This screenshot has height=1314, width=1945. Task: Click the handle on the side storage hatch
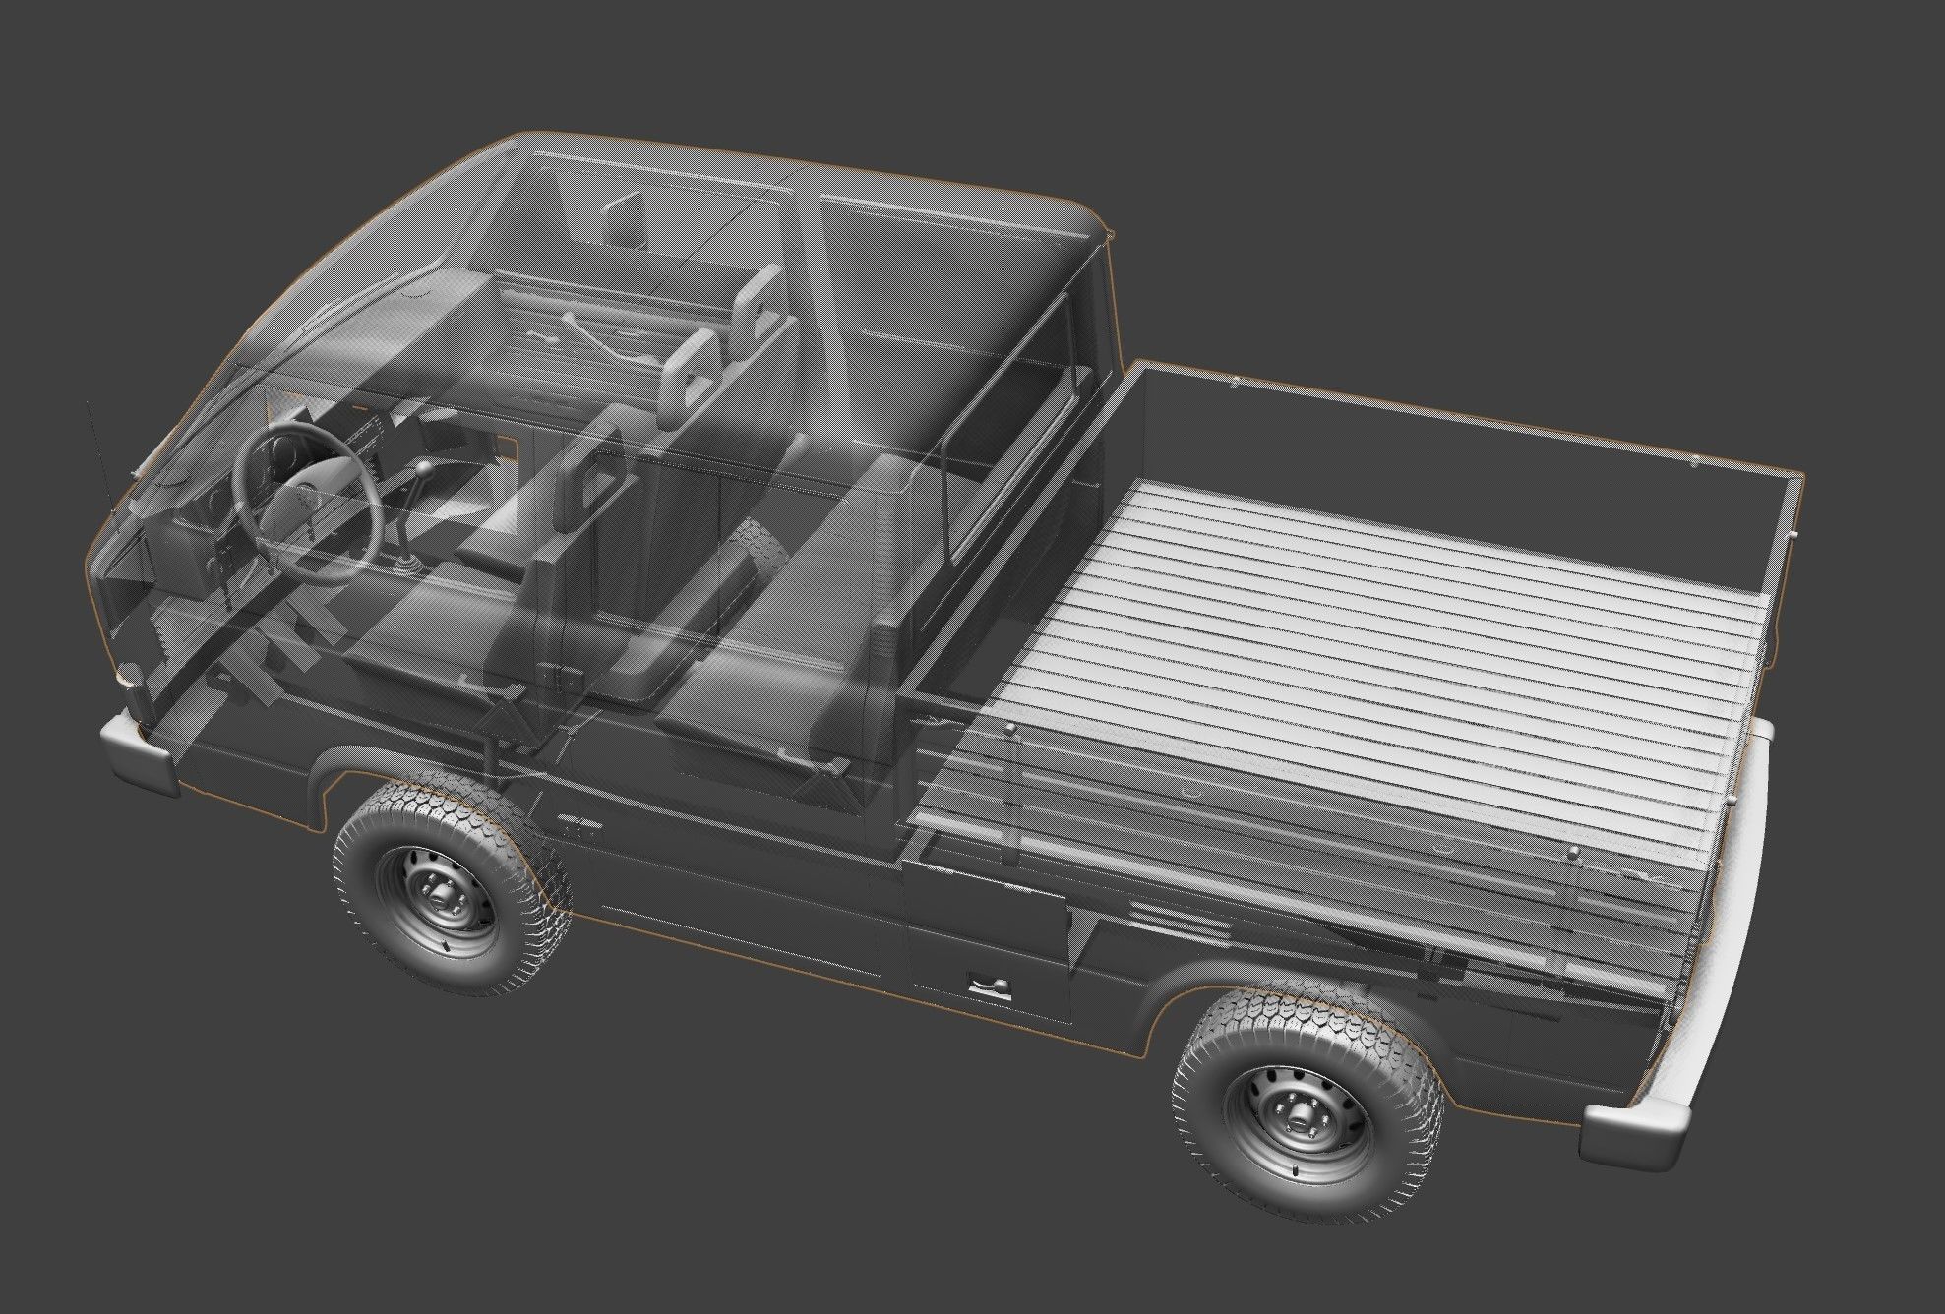tap(989, 985)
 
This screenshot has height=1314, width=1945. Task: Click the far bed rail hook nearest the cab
tap(1235, 383)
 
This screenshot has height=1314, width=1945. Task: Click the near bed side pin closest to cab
tap(1010, 729)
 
